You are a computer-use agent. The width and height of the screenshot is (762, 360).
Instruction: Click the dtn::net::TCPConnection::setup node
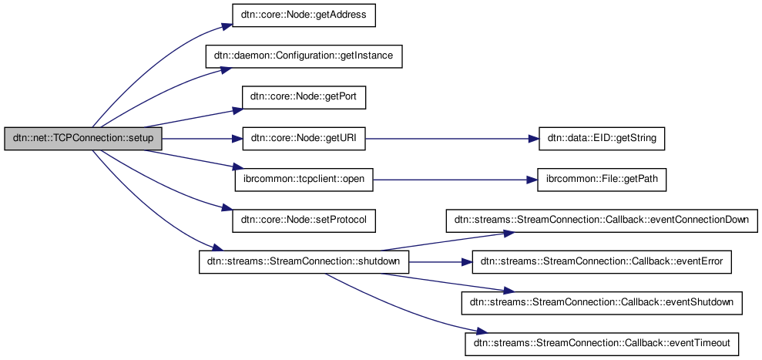(x=83, y=140)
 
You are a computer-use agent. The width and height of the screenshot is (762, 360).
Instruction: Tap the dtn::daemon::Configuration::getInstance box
(x=304, y=57)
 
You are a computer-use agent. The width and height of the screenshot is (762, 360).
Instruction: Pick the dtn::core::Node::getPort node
(x=304, y=98)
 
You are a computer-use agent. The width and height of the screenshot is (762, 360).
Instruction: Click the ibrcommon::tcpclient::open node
(x=304, y=180)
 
